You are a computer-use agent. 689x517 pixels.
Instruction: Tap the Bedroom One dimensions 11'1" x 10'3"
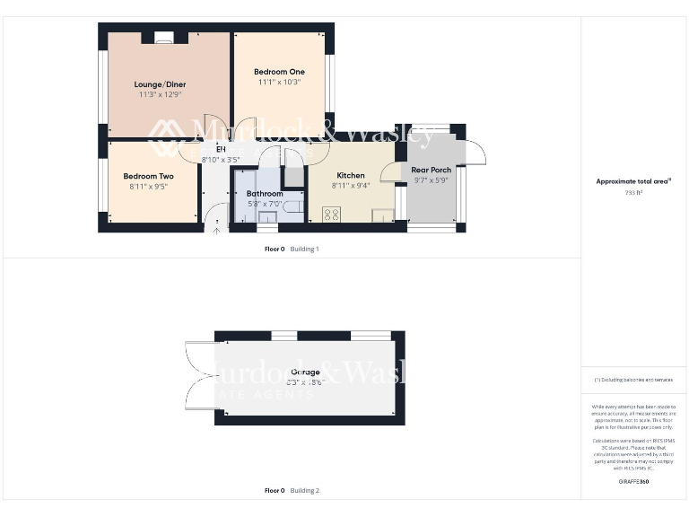(278, 82)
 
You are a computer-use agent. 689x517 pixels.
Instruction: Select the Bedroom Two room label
(148, 176)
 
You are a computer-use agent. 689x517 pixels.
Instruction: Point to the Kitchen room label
(351, 175)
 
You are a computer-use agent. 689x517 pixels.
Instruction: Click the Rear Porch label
(431, 170)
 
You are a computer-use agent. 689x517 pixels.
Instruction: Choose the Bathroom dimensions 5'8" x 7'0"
(266, 204)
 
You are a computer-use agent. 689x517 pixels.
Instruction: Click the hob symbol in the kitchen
(330, 214)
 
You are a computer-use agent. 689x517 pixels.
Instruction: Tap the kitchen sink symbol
(383, 214)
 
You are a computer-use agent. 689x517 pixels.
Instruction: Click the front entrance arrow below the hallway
(216, 230)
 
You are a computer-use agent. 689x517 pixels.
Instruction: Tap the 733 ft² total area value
(634, 192)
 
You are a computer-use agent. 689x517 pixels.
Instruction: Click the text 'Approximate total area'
(632, 181)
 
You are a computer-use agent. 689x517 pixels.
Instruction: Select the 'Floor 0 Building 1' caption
(292, 249)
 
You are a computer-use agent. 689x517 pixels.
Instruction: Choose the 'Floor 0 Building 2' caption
(292, 490)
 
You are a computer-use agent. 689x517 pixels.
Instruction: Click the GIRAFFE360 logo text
(633, 482)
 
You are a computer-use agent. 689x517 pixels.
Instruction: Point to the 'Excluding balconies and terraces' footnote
(633, 380)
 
